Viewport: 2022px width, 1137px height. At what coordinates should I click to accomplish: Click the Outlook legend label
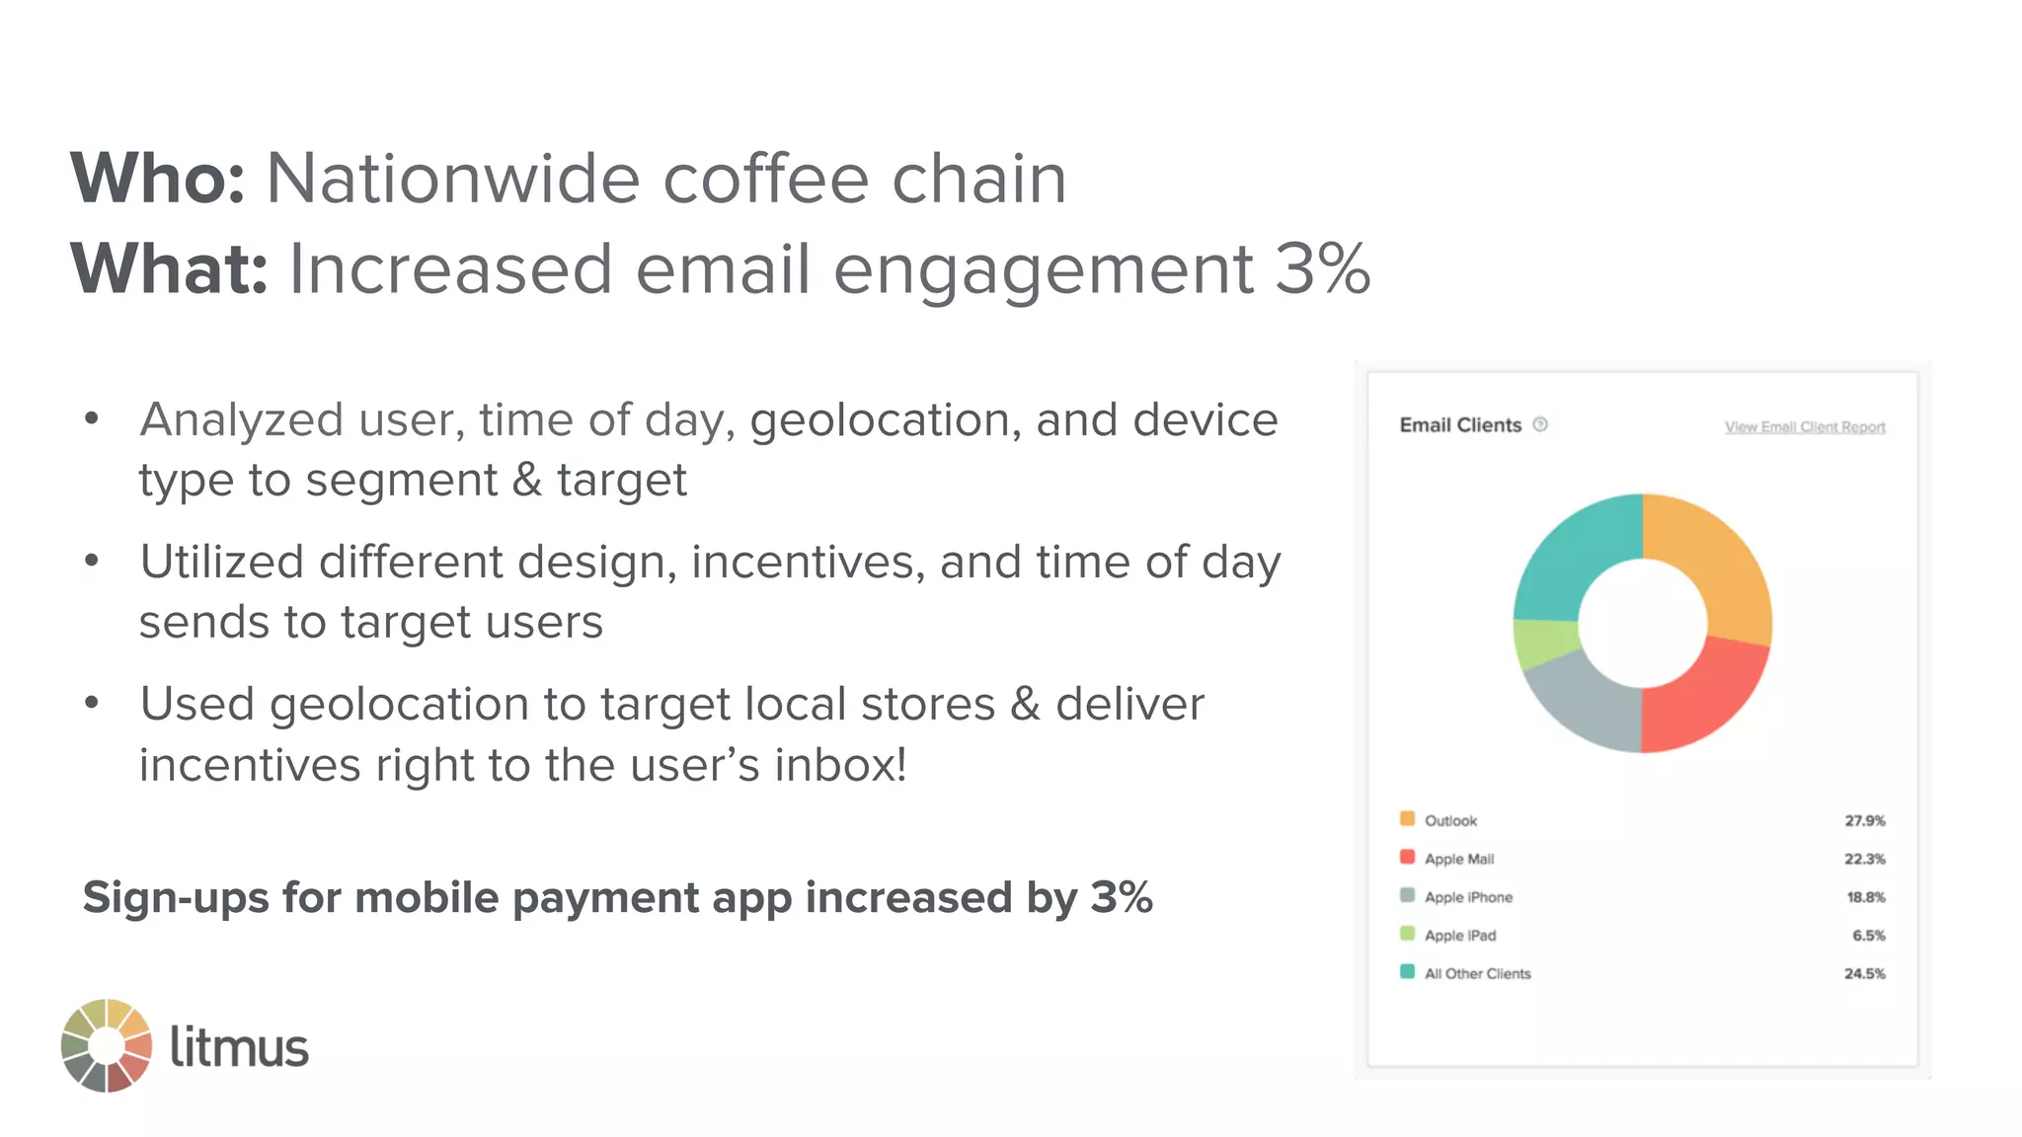(1450, 820)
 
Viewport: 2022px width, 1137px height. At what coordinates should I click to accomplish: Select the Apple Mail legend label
(1458, 859)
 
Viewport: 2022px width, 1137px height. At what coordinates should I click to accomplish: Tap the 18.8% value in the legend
(1865, 897)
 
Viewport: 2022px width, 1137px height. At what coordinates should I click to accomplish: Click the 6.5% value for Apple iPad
(1868, 935)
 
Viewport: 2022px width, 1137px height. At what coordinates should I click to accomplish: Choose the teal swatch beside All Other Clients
(1407, 972)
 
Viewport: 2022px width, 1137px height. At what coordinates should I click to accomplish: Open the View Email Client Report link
(1804, 427)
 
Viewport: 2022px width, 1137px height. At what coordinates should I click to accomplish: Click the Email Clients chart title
(1460, 425)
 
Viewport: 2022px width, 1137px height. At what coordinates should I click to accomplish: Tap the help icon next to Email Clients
(1540, 424)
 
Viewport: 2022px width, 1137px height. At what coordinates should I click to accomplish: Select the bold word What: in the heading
(169, 268)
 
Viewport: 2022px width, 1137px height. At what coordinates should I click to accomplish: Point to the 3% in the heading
(1322, 268)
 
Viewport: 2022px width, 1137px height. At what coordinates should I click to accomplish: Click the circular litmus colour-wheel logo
(107, 1045)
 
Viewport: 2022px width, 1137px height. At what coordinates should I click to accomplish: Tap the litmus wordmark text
(239, 1046)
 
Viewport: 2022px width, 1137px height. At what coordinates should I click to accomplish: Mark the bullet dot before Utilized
(92, 561)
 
